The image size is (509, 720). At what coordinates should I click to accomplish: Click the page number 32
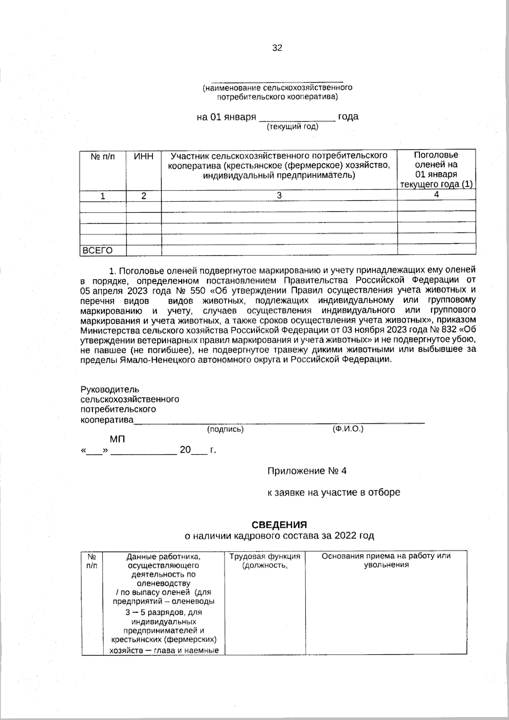click(277, 48)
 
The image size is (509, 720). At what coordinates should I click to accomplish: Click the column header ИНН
click(144, 157)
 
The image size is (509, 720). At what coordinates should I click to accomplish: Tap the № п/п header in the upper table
click(103, 157)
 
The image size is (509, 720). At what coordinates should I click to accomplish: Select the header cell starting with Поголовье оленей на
click(436, 170)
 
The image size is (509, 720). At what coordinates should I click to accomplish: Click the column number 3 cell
click(279, 196)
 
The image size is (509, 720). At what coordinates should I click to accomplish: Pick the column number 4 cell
click(436, 194)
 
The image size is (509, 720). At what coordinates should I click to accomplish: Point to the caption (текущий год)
click(292, 127)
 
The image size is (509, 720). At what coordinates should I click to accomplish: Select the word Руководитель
click(110, 389)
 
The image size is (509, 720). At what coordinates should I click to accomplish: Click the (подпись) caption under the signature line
click(225, 429)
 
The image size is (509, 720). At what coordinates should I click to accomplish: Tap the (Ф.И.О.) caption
click(348, 429)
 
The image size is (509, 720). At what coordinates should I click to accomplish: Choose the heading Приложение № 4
click(307, 471)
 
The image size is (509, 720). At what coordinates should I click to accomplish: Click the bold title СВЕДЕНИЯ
click(279, 525)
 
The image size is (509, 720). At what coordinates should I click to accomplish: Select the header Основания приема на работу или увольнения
click(386, 560)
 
